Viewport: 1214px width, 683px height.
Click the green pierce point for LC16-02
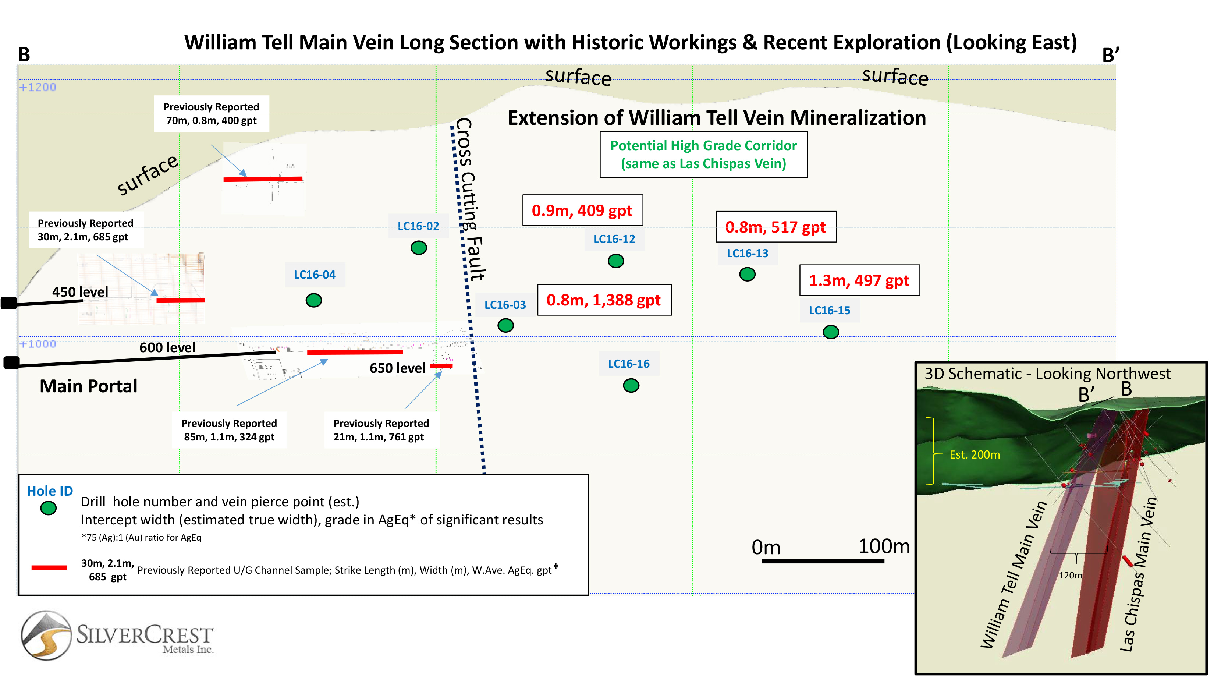coord(419,247)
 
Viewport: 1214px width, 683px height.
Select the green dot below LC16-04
coord(314,300)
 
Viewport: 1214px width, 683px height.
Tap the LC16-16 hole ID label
coord(629,364)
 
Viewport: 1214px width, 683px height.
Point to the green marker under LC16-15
coord(831,332)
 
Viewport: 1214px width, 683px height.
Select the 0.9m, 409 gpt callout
coord(582,210)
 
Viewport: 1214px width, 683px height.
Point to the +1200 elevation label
coord(38,87)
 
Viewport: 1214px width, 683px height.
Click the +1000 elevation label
coord(38,344)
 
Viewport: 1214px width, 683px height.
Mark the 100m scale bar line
coord(823,561)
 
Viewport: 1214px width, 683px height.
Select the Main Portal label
coord(89,386)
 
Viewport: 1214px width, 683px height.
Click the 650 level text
coord(398,368)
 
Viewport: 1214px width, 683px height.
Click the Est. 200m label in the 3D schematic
coord(975,454)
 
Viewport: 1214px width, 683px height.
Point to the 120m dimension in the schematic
coord(1070,575)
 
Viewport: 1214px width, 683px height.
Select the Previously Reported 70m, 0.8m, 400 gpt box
coord(212,114)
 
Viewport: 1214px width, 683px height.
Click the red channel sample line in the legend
coord(49,567)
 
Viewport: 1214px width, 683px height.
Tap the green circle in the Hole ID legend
coord(48,508)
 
